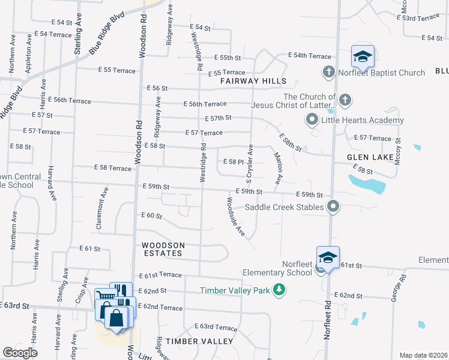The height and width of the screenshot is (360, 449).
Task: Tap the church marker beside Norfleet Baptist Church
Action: [328, 72]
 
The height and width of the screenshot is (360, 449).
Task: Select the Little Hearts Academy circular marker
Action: [312, 121]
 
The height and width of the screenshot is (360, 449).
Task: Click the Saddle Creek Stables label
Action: [284, 208]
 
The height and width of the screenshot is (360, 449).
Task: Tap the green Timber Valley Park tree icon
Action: [279, 290]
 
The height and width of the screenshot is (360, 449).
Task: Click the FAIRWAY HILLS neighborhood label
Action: [253, 80]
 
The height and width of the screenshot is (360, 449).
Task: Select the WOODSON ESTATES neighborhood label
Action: [163, 249]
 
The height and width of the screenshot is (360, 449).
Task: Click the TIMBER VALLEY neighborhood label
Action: [199, 341]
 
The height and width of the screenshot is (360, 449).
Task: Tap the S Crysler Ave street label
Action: [248, 164]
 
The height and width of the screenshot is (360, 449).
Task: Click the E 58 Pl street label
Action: [234, 162]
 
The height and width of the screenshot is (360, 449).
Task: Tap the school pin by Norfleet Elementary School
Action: [328, 257]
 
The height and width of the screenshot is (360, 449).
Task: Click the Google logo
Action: [20, 353]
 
